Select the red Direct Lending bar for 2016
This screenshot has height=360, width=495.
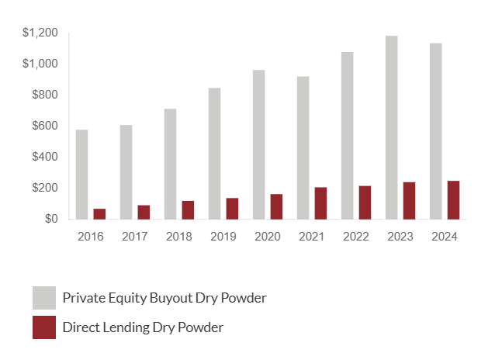point(99,213)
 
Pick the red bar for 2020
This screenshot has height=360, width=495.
point(276,206)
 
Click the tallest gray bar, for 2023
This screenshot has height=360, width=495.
point(391,127)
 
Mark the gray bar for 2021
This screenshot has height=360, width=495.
point(303,147)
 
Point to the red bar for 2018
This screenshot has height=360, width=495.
point(188,209)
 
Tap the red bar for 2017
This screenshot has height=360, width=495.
point(144,212)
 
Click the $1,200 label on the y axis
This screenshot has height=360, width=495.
point(40,33)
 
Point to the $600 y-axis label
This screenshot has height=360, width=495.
point(44,126)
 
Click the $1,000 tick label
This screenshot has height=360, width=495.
point(40,64)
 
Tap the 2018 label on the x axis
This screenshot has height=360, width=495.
point(179,236)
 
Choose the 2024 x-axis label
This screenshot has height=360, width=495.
point(445,236)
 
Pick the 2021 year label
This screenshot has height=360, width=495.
point(312,236)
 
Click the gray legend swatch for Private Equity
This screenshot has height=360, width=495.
point(44,298)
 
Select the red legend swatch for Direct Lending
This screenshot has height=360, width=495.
point(44,327)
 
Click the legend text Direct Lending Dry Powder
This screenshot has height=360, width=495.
point(143,327)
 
